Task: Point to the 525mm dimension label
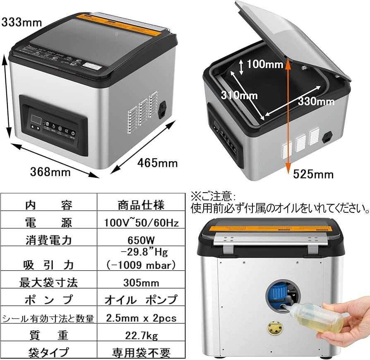(313, 174)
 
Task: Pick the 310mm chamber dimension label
(239, 96)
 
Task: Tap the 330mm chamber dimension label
(316, 101)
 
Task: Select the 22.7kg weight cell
(141, 335)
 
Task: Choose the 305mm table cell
(141, 283)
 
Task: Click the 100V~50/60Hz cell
(141, 223)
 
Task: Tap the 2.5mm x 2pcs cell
(141, 318)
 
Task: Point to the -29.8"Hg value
(141, 252)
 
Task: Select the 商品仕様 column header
(141, 205)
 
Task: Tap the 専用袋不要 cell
(141, 353)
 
